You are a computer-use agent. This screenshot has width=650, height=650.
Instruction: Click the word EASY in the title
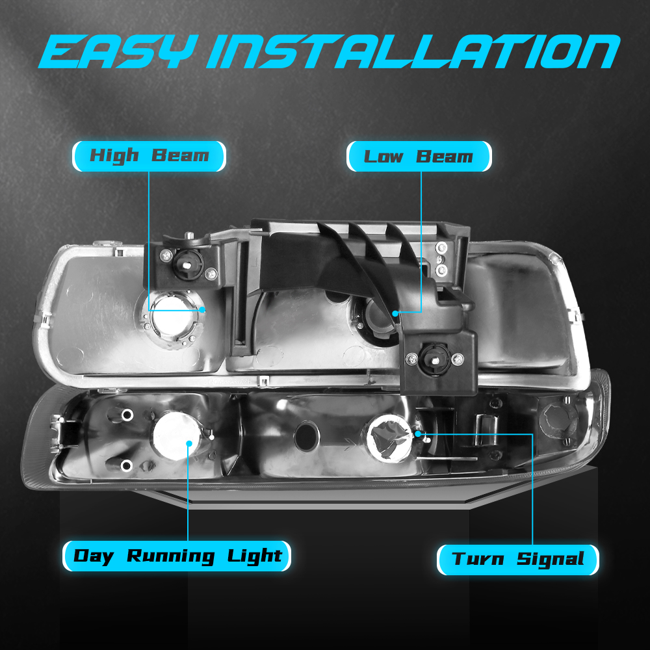(x=117, y=51)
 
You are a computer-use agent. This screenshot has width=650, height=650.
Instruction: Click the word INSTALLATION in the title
(x=413, y=51)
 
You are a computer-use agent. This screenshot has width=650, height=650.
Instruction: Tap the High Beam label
(x=149, y=156)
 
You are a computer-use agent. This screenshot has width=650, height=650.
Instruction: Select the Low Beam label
(x=419, y=156)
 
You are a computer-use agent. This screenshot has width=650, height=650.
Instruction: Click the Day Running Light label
(x=177, y=556)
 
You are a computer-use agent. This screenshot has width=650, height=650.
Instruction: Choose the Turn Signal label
(x=518, y=560)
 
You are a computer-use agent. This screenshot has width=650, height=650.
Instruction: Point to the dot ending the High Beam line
(x=202, y=309)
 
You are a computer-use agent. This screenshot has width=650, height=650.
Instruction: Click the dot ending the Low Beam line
(x=395, y=314)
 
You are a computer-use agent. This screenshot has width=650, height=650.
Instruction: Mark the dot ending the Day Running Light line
(x=189, y=443)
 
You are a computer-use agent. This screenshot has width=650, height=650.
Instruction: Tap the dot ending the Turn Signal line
(x=418, y=434)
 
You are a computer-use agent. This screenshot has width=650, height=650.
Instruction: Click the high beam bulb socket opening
(x=174, y=318)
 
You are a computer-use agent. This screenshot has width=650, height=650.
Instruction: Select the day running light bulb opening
(x=176, y=436)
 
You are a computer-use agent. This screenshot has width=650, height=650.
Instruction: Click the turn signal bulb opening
(x=389, y=438)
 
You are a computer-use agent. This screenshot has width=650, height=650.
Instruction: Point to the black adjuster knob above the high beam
(x=188, y=265)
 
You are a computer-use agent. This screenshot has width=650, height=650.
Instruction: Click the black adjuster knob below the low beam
(x=434, y=359)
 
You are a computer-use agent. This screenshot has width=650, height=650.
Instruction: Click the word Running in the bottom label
(x=171, y=556)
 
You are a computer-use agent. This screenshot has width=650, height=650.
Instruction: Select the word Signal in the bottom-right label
(x=550, y=560)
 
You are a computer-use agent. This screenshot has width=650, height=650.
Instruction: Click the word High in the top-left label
(x=114, y=156)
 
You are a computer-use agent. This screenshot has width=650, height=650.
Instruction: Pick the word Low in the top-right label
(x=383, y=157)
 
